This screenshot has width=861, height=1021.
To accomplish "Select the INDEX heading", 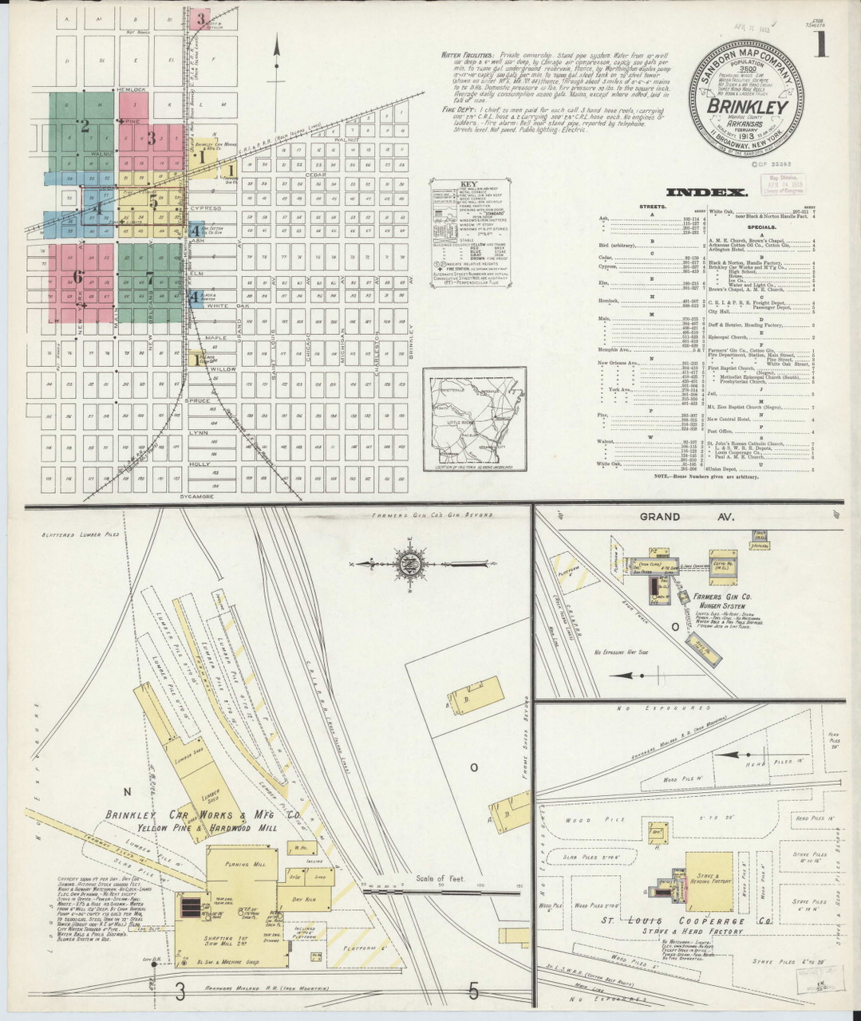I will coord(706,192).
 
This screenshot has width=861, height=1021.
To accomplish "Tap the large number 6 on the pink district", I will coord(77,277).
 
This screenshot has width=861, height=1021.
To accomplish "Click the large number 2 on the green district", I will coord(84,124).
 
